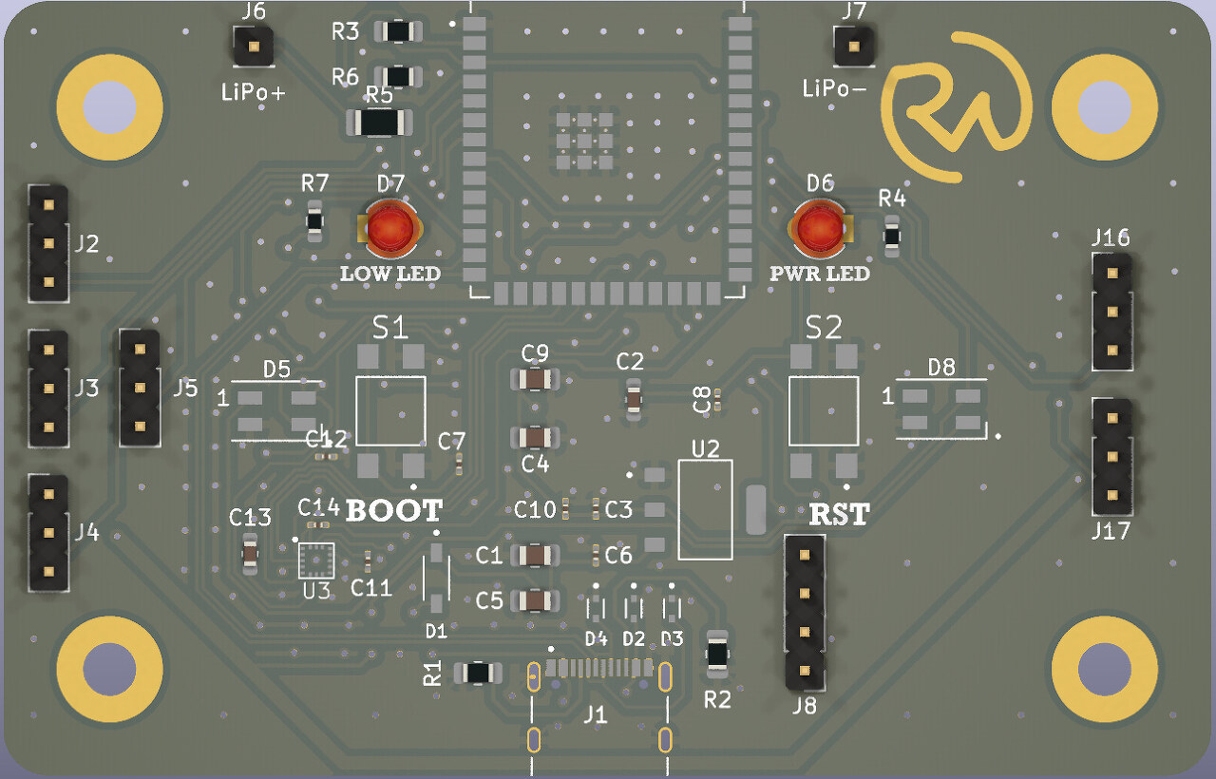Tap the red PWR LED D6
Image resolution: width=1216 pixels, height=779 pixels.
tap(820, 230)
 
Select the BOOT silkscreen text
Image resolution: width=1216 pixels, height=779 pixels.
tap(393, 510)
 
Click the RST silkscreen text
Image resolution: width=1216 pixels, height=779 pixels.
tap(839, 514)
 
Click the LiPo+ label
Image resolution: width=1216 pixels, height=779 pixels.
tap(254, 92)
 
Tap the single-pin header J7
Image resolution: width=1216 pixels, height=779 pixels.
tap(853, 46)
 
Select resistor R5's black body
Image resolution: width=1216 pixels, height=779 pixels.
tap(381, 123)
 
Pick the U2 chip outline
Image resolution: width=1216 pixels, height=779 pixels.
tap(705, 510)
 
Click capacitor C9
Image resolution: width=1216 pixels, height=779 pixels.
tap(536, 379)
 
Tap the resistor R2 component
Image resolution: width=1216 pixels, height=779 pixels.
tap(718, 654)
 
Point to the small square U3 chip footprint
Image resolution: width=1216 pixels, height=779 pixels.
tap(316, 560)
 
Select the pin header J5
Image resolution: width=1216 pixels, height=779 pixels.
tap(139, 388)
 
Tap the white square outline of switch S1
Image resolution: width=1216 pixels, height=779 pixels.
tap(390, 410)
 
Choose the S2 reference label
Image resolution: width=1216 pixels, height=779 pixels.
tap(824, 328)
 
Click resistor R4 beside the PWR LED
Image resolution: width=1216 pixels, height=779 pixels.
tap(891, 235)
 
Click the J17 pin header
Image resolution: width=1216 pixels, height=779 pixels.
tap(1111, 455)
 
